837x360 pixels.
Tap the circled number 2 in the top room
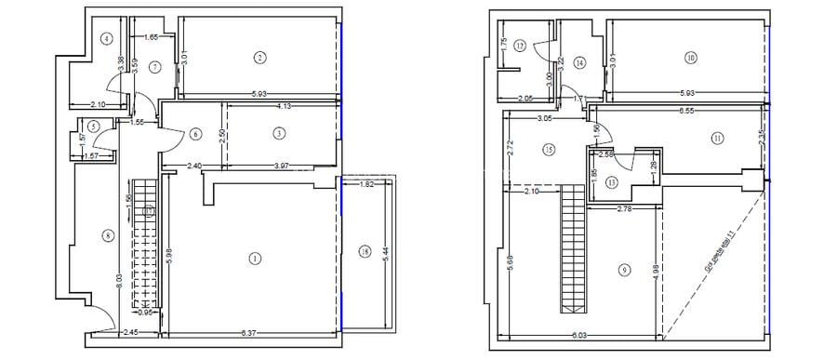pyautogui.click(x=259, y=58)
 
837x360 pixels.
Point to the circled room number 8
pyautogui.click(x=109, y=235)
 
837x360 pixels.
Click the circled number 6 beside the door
pyautogui.click(x=195, y=134)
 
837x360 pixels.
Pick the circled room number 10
pyautogui.click(x=690, y=58)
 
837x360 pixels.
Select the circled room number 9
pyautogui.click(x=624, y=270)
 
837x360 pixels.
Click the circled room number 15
pyautogui.click(x=549, y=149)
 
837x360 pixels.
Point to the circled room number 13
pyautogui.click(x=611, y=181)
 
